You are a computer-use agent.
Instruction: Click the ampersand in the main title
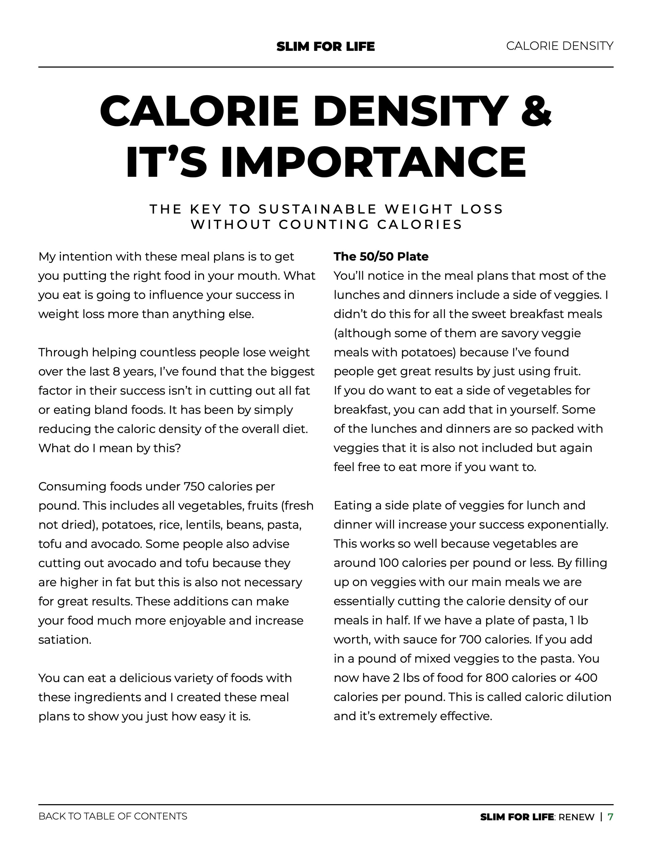(536, 111)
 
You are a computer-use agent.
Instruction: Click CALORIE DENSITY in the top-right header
(559, 46)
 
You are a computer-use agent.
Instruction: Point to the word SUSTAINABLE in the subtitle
(318, 209)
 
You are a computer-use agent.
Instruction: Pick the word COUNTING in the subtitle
(324, 224)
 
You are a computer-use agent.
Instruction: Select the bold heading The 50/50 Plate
(381, 257)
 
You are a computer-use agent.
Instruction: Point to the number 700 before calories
(470, 639)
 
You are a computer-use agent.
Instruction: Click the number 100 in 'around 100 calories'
(389, 563)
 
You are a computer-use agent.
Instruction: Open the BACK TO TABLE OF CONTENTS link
(113, 816)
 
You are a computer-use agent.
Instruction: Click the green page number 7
(610, 817)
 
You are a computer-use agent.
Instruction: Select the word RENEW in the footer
(576, 817)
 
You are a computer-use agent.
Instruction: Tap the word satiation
(65, 640)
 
